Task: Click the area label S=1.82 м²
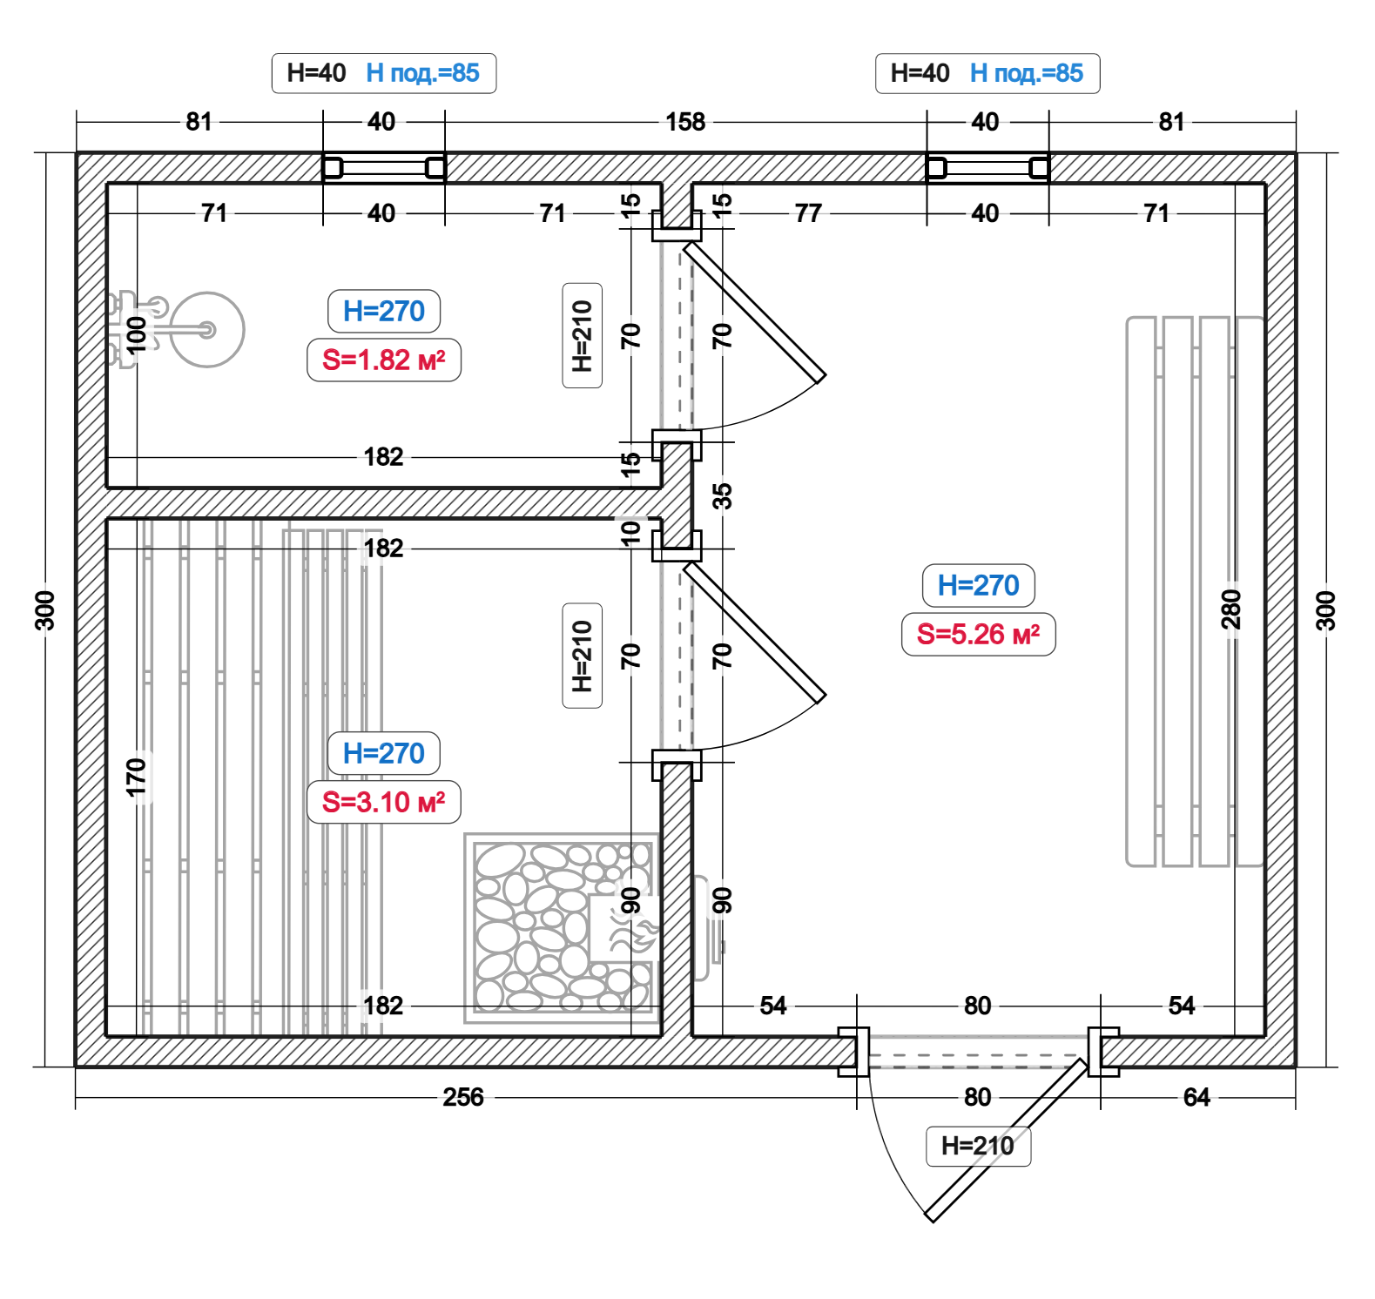point(383,360)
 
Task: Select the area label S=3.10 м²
point(383,802)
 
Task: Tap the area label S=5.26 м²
point(978,634)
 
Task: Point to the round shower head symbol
point(207,329)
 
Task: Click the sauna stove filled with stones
point(561,927)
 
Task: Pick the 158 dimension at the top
point(685,122)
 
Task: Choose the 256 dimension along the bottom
point(462,1097)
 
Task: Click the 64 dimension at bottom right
point(1196,1097)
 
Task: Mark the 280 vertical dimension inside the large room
point(1230,609)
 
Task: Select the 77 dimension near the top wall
point(808,213)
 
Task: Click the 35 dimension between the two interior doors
point(722,496)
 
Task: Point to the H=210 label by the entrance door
point(978,1146)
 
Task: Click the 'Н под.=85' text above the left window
point(422,73)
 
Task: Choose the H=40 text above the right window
point(920,73)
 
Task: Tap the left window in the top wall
point(384,167)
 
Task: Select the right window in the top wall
point(987,167)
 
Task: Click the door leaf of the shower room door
point(754,312)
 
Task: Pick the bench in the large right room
point(1194,592)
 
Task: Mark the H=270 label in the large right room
point(978,585)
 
